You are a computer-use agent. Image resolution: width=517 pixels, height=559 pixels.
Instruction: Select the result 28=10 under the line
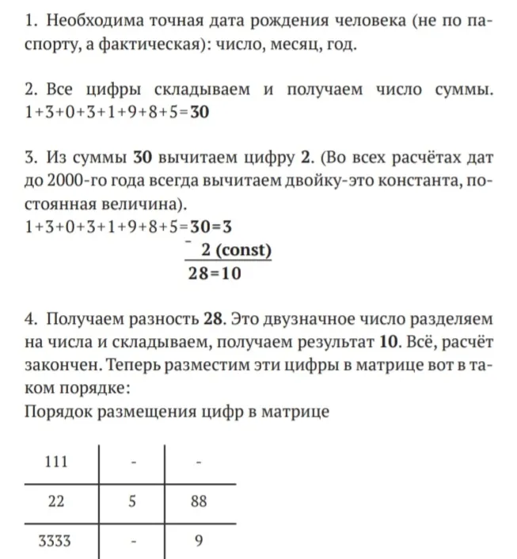coord(215,274)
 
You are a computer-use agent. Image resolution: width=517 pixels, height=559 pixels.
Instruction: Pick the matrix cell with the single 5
coord(132,501)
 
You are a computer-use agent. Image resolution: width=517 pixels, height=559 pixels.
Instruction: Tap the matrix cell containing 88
coord(199,501)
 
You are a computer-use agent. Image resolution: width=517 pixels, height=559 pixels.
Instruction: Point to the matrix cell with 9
coord(199,541)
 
